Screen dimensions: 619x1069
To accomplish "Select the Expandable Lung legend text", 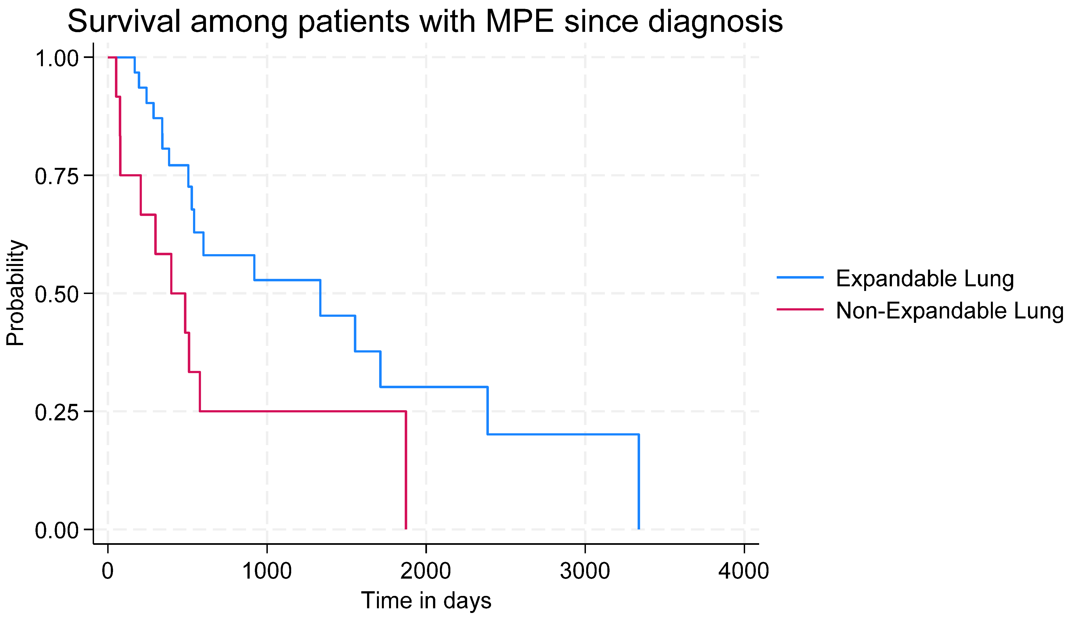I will coord(925,279).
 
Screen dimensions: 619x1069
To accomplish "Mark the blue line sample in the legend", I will coord(800,277).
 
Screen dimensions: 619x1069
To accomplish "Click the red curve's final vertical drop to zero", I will coord(406,471).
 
